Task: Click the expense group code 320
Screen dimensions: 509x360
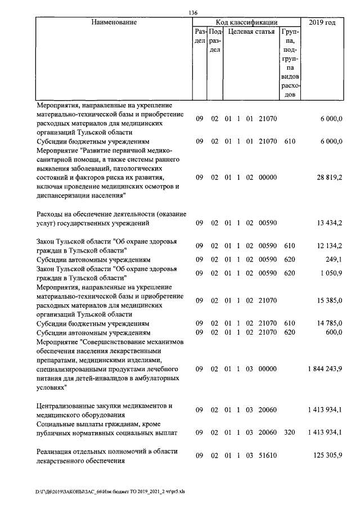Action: point(290,433)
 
